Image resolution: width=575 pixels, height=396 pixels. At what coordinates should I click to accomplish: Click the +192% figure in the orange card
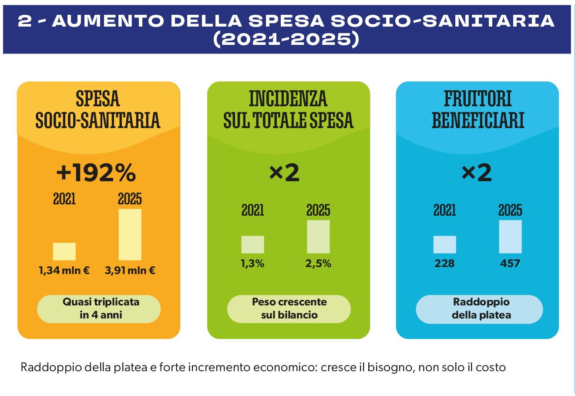pyautogui.click(x=96, y=173)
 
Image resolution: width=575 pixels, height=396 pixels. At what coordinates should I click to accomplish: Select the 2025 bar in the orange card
pyautogui.click(x=130, y=234)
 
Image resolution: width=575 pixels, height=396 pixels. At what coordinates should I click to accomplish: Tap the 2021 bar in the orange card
pyautogui.click(x=64, y=251)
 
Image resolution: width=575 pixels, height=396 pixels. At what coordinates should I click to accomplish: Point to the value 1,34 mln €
pyautogui.click(x=64, y=271)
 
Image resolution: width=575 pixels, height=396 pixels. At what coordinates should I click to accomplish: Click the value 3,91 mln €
pyautogui.click(x=130, y=271)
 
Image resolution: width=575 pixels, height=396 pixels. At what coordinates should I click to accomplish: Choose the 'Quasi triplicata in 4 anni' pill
pyautogui.click(x=99, y=309)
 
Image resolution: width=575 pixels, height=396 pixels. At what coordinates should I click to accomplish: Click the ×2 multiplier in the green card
pyautogui.click(x=284, y=173)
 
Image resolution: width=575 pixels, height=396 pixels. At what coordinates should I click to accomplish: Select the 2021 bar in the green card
pyautogui.click(x=252, y=244)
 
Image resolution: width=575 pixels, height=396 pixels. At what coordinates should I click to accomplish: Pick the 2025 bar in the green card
pyautogui.click(x=318, y=237)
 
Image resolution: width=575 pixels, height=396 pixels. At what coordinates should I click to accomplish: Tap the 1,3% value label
pyautogui.click(x=252, y=264)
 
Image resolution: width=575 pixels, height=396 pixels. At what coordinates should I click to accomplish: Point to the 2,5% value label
pyautogui.click(x=318, y=264)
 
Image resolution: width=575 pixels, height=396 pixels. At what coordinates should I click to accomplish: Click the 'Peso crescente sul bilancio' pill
pyautogui.click(x=289, y=309)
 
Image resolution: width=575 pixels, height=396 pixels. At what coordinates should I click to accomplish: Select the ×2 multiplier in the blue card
pyautogui.click(x=477, y=173)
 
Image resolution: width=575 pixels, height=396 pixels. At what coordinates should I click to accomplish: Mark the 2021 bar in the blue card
pyautogui.click(x=444, y=244)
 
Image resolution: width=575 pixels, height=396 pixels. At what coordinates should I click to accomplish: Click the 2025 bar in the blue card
pyautogui.click(x=510, y=237)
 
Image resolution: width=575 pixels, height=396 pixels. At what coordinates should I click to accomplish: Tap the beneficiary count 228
pyautogui.click(x=444, y=264)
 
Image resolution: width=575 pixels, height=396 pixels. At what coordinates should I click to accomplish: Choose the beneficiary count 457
pyautogui.click(x=510, y=264)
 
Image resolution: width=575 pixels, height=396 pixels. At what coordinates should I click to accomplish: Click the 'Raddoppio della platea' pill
pyautogui.click(x=480, y=309)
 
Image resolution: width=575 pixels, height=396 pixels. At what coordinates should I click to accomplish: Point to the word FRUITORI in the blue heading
pyautogui.click(x=478, y=98)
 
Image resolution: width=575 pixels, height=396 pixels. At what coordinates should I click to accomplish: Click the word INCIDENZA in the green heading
pyautogui.click(x=288, y=98)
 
